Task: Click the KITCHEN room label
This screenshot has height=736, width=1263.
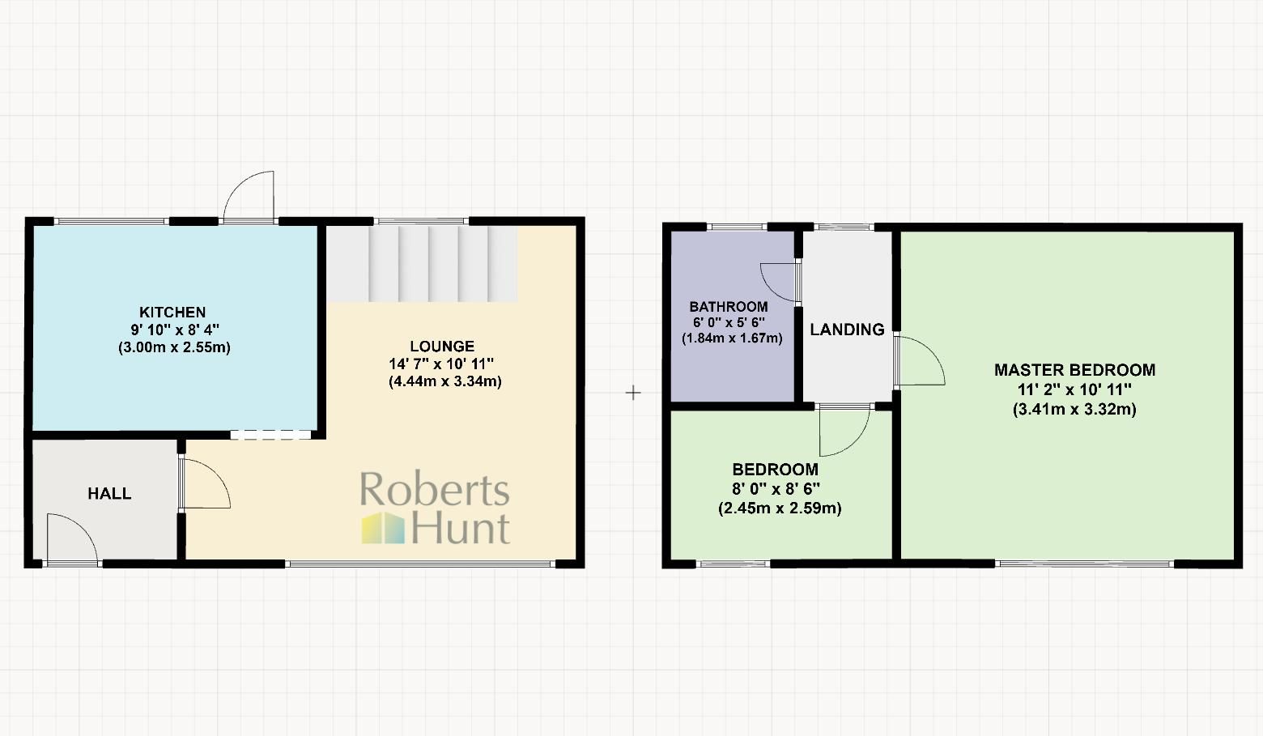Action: coord(172,313)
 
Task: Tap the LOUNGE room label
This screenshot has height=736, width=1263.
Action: coord(441,347)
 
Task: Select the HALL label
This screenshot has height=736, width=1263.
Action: coord(109,494)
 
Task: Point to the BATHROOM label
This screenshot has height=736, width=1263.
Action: coord(729,307)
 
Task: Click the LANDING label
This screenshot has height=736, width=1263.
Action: coord(847,330)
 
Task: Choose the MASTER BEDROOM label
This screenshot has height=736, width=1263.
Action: coord(1074,370)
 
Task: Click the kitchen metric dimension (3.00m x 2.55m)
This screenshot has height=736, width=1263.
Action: coord(174,348)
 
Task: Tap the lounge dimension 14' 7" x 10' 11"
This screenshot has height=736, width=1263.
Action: coord(441,364)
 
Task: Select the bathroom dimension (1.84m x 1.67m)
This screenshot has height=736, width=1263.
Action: coord(732,338)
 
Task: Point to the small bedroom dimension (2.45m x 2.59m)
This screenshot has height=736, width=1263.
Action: coord(779,508)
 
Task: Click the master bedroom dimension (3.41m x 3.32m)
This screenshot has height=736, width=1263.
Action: coord(1074,410)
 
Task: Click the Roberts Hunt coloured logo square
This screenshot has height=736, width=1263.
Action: coord(383,527)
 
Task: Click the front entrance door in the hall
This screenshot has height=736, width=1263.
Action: coord(71,538)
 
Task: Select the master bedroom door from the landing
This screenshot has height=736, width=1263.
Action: coord(921,360)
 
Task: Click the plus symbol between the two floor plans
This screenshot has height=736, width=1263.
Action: coord(633,393)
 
